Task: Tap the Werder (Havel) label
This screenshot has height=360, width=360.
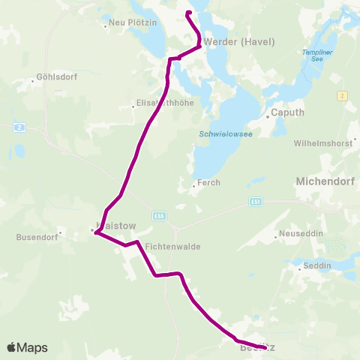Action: (x=230, y=42)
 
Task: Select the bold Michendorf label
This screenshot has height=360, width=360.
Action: (x=327, y=181)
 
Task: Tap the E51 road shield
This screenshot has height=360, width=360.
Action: (x=255, y=202)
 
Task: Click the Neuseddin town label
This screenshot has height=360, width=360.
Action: (x=303, y=234)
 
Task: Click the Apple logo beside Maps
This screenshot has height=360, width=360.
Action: (x=11, y=347)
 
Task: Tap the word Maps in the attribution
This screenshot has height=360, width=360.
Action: (x=33, y=348)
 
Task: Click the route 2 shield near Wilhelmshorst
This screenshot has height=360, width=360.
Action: (x=342, y=95)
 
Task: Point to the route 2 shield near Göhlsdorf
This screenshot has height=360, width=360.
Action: (x=19, y=127)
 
